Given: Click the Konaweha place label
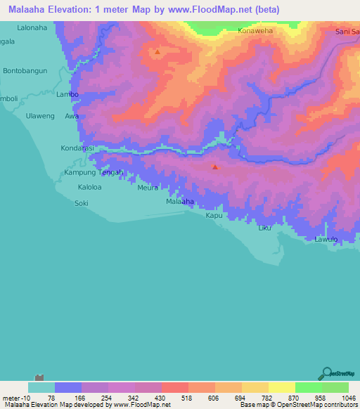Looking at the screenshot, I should click(255, 32).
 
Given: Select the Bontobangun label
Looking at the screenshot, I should click(25, 72).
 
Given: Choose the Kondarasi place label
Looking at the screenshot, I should click(77, 149).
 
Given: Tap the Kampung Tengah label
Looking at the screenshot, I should click(94, 172).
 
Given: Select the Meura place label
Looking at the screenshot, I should click(148, 188).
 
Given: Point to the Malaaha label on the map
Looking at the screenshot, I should click(179, 202).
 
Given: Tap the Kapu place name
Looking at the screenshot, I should click(214, 216).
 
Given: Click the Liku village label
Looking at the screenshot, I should click(264, 228).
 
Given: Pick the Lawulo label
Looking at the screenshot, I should click(326, 240).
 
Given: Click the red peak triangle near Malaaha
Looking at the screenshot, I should click(215, 167).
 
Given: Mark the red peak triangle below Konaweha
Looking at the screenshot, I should click(157, 51).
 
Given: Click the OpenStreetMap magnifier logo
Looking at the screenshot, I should click(326, 373).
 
